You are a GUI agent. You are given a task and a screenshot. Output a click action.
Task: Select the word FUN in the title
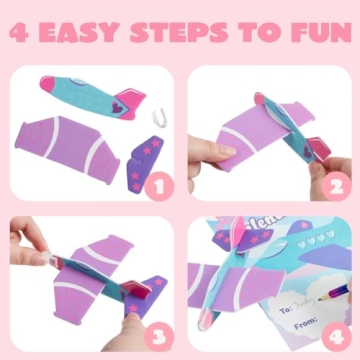click(316, 33)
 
